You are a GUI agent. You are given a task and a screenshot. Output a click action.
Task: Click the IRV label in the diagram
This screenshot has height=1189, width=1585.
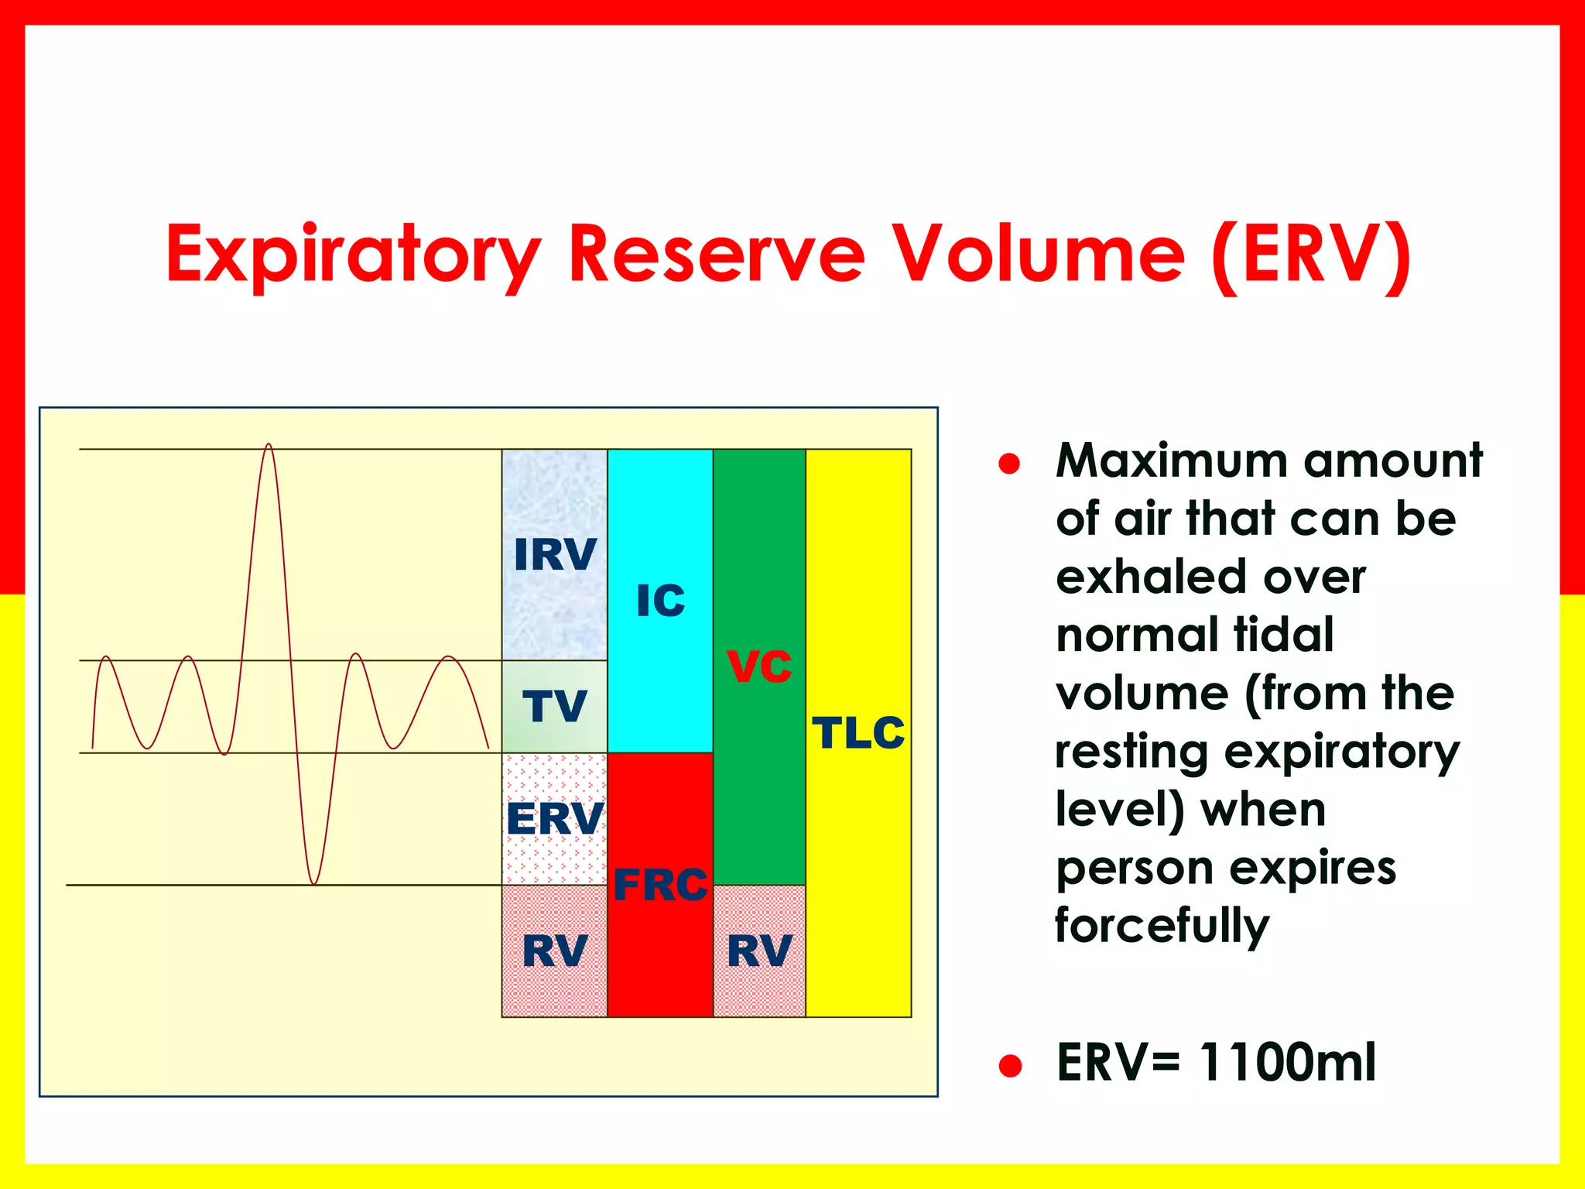coord(555,554)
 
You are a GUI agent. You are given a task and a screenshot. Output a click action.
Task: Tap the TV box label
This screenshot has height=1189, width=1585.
coord(555,706)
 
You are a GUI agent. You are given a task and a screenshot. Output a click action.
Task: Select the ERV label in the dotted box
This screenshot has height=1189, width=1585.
coord(555,818)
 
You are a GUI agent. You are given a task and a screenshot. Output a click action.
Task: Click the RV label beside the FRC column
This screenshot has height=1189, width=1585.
coord(555,951)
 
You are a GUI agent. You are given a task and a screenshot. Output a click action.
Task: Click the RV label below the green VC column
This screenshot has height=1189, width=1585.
coord(759,951)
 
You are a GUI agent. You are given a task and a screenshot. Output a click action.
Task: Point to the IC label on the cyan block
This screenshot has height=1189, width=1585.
coord(660,601)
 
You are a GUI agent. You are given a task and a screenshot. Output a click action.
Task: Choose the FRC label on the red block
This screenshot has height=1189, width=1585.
coord(660,885)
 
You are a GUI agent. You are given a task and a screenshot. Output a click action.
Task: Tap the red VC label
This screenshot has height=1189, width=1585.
coord(759,666)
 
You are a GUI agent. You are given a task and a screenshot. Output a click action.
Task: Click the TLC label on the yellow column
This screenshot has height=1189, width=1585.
coord(858,732)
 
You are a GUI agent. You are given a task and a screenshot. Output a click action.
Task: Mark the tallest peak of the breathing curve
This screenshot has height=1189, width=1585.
coord(269,446)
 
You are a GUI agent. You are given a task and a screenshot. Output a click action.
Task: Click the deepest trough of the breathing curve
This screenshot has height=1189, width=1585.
coord(313,882)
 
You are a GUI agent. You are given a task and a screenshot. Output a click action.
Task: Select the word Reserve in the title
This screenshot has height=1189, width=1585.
coord(716,254)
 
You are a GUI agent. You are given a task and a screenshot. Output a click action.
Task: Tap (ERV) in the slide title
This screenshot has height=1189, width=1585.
coord(1312,254)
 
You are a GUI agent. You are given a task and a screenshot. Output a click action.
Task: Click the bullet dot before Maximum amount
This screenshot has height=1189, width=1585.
coord(1009,464)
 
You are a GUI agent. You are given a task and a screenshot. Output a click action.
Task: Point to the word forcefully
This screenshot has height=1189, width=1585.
coord(1162,926)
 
